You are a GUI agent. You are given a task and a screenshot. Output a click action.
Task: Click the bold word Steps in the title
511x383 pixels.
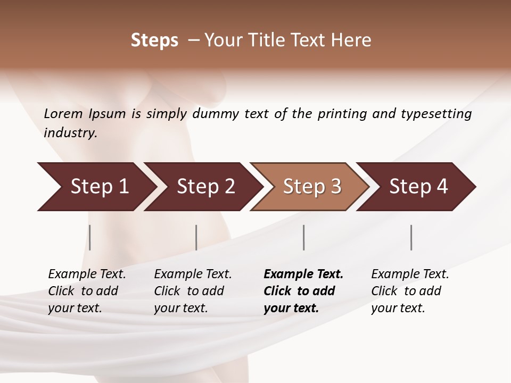tap(154, 40)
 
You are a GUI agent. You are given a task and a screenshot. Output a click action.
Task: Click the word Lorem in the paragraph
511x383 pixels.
tap(63, 113)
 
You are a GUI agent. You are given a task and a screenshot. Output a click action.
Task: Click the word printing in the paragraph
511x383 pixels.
tap(342, 113)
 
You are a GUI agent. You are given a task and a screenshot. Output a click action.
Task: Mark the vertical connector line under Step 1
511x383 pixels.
tap(90, 237)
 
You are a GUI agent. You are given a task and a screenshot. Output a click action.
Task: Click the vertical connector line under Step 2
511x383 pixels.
tap(196, 237)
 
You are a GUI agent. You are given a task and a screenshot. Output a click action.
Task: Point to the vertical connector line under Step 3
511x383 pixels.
tap(304, 237)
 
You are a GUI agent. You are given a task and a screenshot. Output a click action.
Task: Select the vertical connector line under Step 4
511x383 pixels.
tap(411, 237)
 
